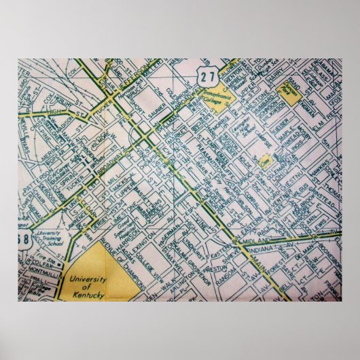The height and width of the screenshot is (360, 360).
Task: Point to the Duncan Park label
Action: [293, 99]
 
